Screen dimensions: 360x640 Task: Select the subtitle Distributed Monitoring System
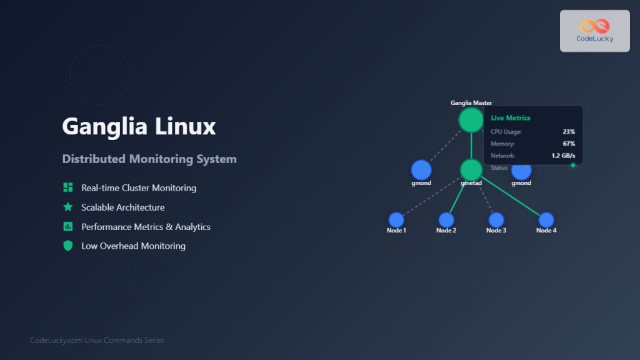coord(149,159)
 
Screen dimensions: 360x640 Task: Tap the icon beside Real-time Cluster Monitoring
coord(68,187)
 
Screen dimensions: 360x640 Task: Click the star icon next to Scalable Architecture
coord(68,207)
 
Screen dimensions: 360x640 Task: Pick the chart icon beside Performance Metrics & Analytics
coord(68,226)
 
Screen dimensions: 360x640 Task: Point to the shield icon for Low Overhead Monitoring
coord(68,246)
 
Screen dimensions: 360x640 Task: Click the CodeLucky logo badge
coord(594,31)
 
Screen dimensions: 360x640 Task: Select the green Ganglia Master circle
coord(471,120)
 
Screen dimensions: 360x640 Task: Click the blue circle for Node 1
coord(396,220)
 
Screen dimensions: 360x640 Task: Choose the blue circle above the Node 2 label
coord(446,220)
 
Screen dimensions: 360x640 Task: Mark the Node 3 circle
coord(496,220)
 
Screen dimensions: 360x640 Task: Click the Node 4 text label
coord(546,231)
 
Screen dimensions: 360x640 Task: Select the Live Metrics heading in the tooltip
coord(511,118)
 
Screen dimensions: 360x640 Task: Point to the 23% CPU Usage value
coord(568,132)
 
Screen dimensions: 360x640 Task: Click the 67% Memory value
coord(568,144)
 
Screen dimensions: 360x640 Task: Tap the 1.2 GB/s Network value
coord(563,156)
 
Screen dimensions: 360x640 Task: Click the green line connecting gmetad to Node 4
coord(509,196)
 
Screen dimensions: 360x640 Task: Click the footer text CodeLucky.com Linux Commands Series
coord(97,341)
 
